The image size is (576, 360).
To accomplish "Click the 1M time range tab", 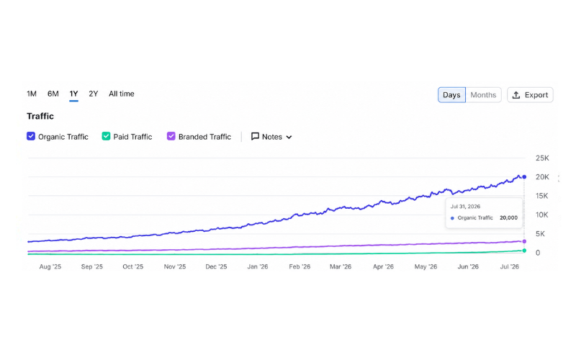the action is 32,94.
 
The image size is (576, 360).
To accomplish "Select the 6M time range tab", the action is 53,94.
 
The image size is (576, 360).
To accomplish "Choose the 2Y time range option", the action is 94,94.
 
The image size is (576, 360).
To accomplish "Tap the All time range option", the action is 121,94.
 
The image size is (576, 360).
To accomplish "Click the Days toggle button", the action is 451,95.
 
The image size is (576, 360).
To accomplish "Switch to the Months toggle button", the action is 483,95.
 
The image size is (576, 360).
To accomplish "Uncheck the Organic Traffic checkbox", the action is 31,136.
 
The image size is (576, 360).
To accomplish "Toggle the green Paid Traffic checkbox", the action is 106,136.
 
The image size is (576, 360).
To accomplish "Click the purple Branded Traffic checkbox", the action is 171,136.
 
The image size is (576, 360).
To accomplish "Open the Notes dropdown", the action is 271,137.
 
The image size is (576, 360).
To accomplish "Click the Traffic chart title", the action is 40,116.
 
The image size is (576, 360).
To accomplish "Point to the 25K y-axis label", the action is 542,158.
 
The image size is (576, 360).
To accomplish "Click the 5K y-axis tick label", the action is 540,233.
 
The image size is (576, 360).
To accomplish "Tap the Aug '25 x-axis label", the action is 50,266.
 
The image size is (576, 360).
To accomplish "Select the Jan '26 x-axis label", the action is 258,266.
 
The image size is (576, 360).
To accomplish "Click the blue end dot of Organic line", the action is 524,177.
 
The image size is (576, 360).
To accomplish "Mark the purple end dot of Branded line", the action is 524,241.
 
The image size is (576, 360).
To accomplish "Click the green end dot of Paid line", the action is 524,251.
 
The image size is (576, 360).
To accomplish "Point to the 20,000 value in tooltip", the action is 508,218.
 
